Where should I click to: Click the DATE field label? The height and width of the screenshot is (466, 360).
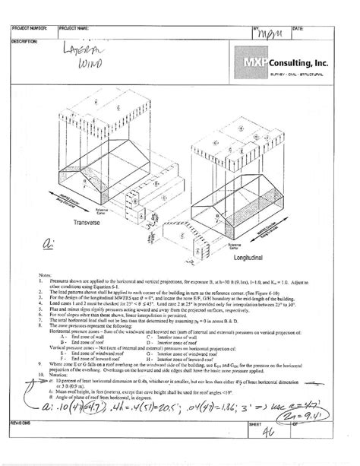pyautogui.click(x=298, y=28)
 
